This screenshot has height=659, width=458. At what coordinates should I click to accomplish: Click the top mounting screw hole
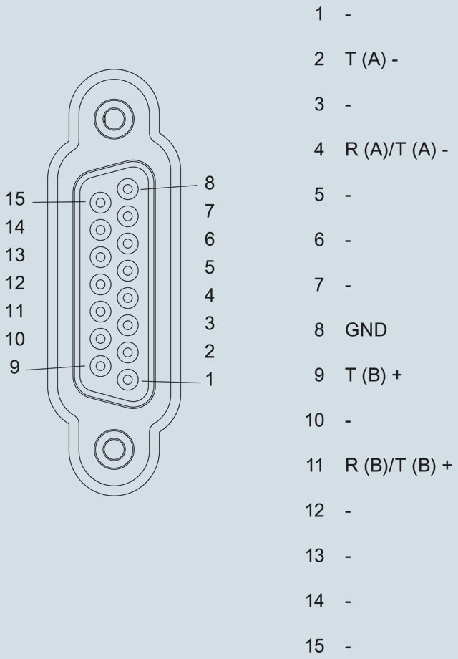click(114, 117)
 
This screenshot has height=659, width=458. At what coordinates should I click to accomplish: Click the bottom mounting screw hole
click(114, 448)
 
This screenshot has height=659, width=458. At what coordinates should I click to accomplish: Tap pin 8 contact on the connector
click(128, 189)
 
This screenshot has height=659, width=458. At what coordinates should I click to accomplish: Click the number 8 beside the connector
click(209, 183)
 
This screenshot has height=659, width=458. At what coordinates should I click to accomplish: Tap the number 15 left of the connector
click(14, 200)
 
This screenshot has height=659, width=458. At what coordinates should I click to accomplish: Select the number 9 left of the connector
click(14, 367)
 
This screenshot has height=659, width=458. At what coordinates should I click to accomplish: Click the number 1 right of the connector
click(209, 380)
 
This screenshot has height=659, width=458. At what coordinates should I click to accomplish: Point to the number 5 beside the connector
click(209, 267)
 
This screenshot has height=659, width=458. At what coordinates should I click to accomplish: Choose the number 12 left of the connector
click(14, 283)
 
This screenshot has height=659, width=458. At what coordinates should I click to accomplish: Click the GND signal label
click(366, 330)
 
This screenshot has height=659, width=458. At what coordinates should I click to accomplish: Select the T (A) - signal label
click(371, 59)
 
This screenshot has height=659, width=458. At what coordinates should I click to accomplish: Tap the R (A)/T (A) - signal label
click(396, 150)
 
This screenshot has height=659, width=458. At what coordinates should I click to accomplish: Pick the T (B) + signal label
click(374, 375)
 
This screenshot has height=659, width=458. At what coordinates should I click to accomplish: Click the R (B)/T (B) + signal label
click(399, 466)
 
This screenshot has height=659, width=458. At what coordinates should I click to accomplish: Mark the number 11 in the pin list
click(315, 466)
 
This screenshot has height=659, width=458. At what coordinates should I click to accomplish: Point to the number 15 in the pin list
click(315, 646)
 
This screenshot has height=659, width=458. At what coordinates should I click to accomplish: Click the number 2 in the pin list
click(318, 59)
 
